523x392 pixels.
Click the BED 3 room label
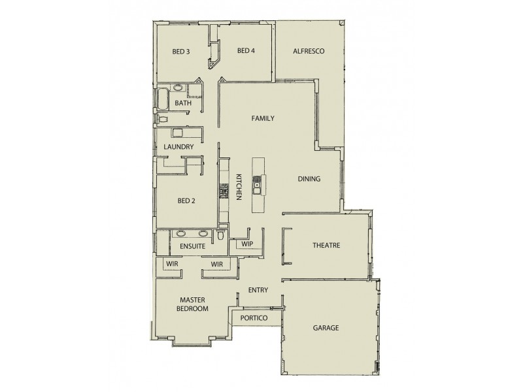click(181, 51)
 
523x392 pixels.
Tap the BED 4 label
click(245, 51)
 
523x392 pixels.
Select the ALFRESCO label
click(309, 51)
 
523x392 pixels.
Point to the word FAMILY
click(263, 118)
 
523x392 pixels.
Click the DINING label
click(309, 179)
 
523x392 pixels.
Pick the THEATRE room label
click(326, 245)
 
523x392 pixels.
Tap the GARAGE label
click(326, 328)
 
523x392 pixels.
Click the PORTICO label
click(253, 318)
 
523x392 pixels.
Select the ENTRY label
click(258, 290)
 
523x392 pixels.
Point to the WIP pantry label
click(247, 244)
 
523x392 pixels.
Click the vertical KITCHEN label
click(239, 186)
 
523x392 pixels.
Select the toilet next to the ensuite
click(222, 235)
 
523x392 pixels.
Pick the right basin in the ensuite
click(203, 233)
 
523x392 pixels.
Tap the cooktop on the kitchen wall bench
click(223, 190)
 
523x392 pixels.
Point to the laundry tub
click(177, 133)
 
